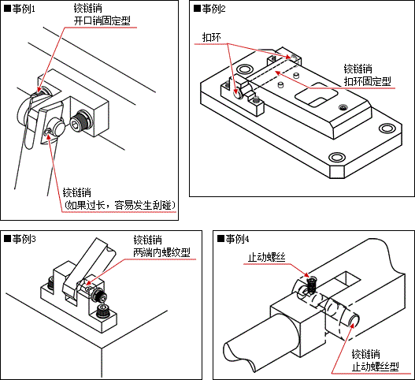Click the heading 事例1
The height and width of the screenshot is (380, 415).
tap(20, 9)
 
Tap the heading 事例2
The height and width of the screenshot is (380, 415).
tap(209, 9)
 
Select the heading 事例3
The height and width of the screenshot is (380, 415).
tap(20, 240)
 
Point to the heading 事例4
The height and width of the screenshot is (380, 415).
tap(233, 240)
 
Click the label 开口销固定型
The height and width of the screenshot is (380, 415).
tap(102, 21)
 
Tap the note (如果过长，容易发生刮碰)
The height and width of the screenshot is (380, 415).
tap(120, 205)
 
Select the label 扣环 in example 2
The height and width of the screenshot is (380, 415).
tap(212, 37)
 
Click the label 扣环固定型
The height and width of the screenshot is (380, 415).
tap(368, 81)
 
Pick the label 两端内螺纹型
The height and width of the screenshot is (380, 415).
tap(161, 252)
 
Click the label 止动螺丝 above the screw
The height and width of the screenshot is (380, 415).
tap(267, 258)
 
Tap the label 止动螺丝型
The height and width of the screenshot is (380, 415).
tap(376, 367)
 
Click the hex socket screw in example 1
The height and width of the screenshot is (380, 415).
tap(81, 123)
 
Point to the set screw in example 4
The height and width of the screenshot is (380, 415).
tap(313, 285)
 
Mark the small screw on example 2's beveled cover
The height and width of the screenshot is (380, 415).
tap(343, 107)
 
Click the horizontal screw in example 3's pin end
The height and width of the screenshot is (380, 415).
tap(100, 296)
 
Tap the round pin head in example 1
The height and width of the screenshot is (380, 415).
tap(58, 128)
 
